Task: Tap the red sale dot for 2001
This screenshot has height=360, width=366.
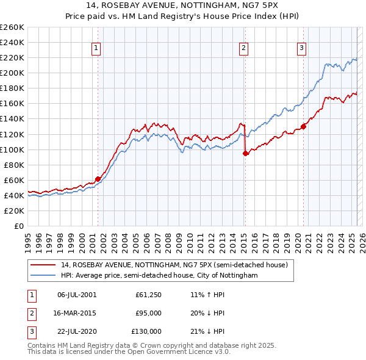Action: [x=98, y=179]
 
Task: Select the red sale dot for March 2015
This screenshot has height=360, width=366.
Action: [x=245, y=153]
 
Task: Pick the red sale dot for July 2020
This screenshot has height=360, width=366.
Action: [x=303, y=127]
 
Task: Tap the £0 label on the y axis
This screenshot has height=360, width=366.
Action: [x=19, y=226]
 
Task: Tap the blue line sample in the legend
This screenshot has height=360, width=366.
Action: [x=43, y=275]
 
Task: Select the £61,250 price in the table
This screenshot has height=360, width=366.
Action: [x=148, y=295]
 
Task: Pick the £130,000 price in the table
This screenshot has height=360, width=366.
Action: [x=146, y=331]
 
